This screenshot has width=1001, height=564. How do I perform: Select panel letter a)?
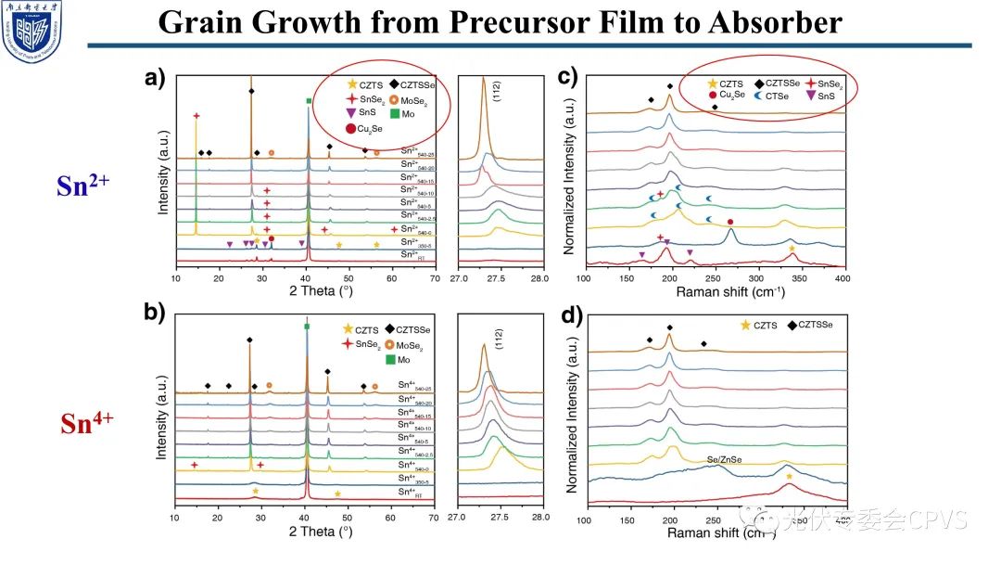click(x=155, y=79)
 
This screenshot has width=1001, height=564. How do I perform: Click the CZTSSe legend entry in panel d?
click(x=814, y=325)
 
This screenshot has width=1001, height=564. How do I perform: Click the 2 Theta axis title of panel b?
click(x=321, y=532)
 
